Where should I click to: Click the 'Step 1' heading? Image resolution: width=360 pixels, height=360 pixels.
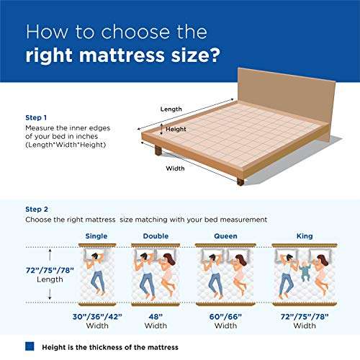37,117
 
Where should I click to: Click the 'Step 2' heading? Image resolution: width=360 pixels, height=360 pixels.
37,207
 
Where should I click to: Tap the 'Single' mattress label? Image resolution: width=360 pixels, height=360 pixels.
97,235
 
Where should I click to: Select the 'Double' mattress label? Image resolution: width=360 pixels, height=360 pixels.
156,235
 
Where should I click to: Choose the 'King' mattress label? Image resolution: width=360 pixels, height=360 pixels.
304,235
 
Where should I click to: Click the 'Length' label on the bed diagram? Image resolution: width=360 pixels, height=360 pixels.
171,109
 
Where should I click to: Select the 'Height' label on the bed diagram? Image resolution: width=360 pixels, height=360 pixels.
176,130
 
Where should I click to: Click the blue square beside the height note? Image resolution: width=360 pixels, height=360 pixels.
30,346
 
